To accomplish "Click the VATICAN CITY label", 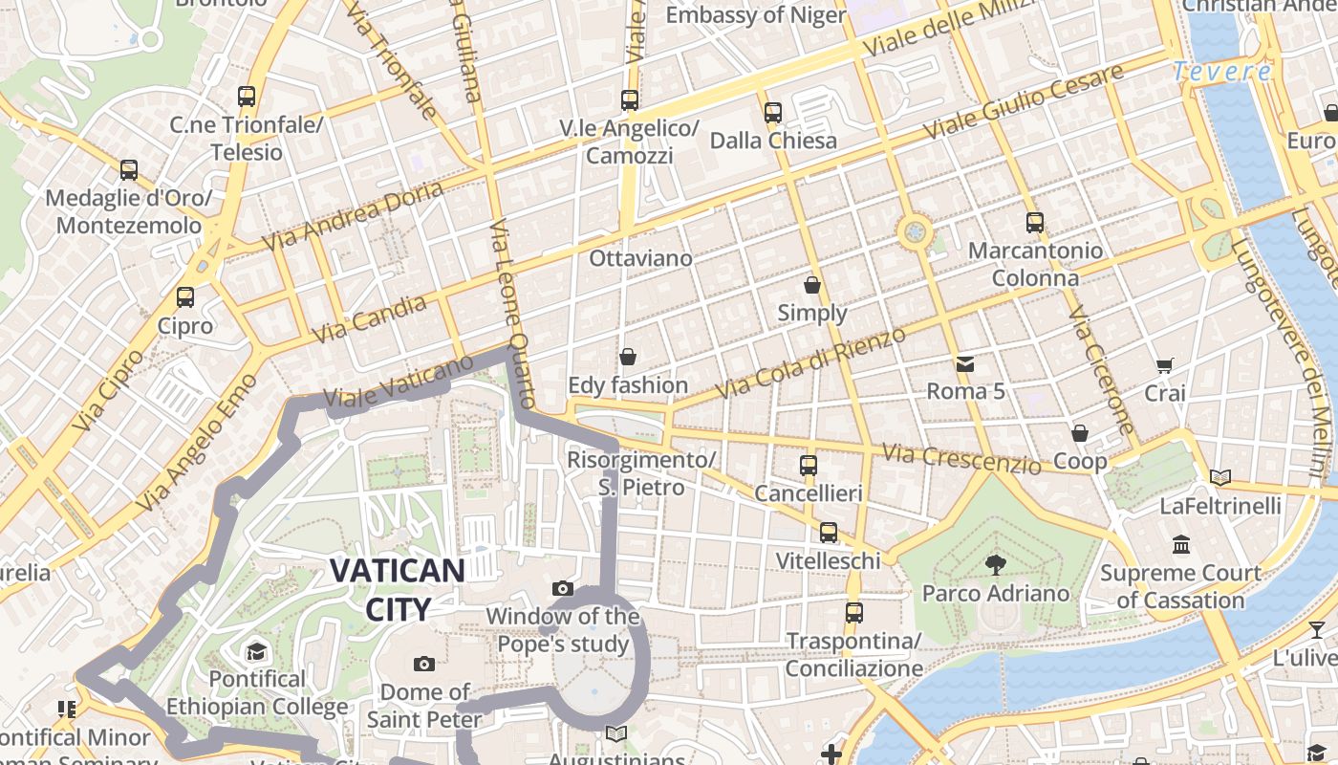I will coord(397,588).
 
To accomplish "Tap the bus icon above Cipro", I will coord(185,297).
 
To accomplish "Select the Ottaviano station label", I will coord(640,258).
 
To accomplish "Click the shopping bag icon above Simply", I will coord(812,285).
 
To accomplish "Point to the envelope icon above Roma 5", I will coord(965,363).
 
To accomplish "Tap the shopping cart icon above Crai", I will coord(1164,365).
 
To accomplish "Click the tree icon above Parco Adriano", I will coord(995,564).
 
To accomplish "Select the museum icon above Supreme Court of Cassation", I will coord(1180,544).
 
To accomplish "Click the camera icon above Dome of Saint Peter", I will coord(423,664).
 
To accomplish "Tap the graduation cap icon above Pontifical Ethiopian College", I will coord(256,652).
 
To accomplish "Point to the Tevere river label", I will coord(1222,72).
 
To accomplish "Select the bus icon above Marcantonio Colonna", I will coord(1034,223).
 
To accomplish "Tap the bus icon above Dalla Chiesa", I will coord(773,113).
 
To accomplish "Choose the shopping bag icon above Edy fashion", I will coord(628,357).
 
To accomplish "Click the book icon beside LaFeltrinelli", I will coord(1219,476).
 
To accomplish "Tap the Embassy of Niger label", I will coord(755,15).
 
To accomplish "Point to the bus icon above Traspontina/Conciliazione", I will coord(853,612).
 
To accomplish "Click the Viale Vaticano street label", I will coord(398,386).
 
